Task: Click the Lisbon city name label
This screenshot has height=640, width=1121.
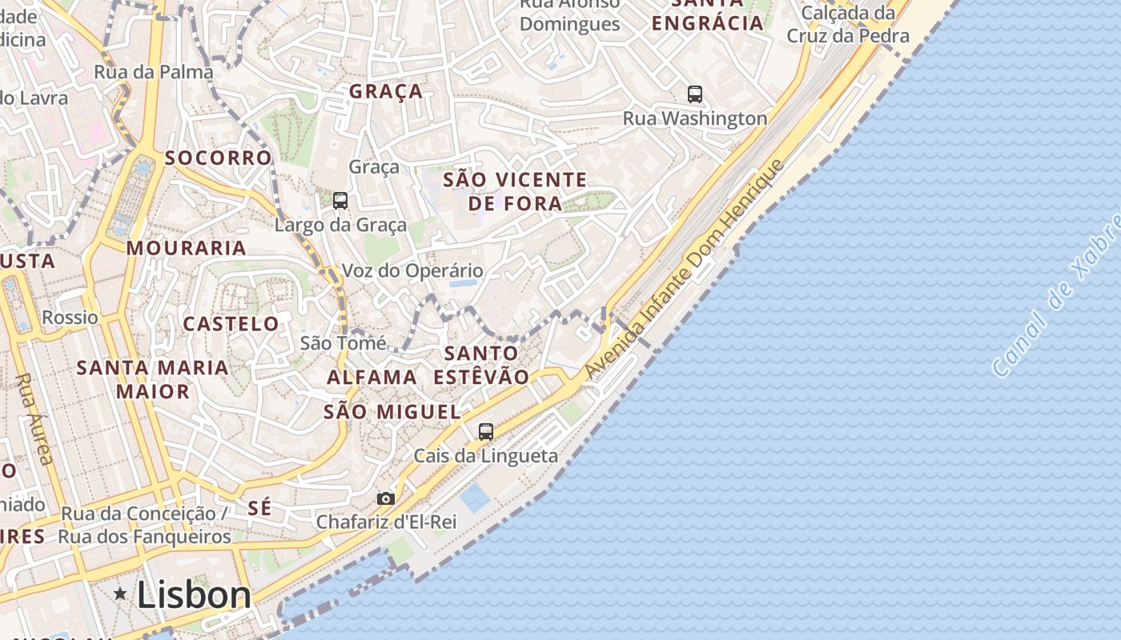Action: (193, 595)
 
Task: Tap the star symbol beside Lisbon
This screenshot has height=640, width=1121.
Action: (120, 594)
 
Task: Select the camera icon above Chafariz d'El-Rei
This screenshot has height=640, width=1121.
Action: (386, 498)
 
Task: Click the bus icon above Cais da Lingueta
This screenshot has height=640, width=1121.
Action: (485, 432)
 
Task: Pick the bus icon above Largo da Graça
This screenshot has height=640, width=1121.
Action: (340, 201)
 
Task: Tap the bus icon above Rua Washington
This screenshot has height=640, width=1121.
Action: (695, 94)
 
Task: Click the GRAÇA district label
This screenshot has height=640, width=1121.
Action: (386, 91)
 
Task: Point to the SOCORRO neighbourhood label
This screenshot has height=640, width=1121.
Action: (218, 158)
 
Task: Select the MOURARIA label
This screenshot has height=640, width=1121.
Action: (186, 248)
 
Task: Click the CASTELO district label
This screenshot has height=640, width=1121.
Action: (231, 324)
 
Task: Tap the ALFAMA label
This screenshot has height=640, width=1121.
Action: (372, 377)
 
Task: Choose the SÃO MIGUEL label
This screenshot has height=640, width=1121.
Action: (392, 412)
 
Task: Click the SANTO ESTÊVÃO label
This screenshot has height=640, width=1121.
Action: (481, 365)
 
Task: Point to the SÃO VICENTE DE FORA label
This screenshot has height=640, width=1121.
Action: (515, 191)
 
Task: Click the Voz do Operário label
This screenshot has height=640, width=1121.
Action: (412, 270)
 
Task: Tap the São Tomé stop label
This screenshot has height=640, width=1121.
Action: (343, 343)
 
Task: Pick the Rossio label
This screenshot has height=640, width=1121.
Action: (70, 318)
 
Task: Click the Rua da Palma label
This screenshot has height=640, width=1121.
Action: (154, 72)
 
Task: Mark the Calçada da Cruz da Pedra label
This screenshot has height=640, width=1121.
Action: (848, 24)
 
